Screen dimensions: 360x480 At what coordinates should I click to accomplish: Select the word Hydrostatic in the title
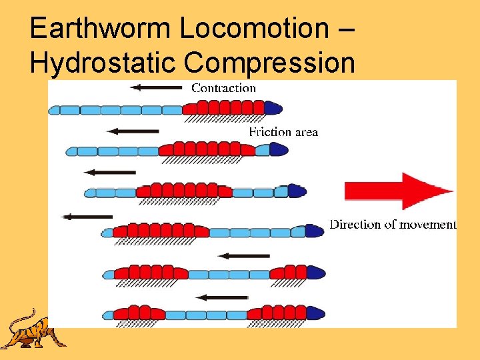[104, 63]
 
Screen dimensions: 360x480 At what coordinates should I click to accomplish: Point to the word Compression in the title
[269, 63]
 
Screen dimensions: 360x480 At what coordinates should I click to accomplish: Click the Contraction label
[223, 87]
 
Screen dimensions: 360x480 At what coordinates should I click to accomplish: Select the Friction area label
[283, 132]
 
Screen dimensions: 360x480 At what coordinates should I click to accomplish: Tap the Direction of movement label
[393, 225]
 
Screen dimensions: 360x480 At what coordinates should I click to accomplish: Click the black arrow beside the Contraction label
[156, 87]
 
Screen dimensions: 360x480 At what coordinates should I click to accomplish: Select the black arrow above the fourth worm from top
[87, 216]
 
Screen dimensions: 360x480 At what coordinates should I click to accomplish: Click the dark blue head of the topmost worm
[273, 108]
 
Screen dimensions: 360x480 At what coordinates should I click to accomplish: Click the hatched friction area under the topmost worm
[223, 119]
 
